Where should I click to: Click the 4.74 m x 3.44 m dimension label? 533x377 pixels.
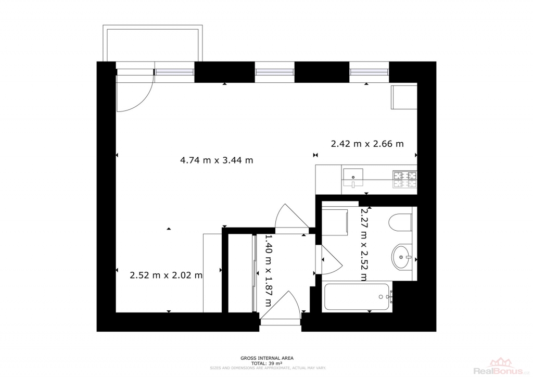pos(217,160)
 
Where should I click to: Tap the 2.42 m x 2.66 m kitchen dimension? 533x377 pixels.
pos(367,144)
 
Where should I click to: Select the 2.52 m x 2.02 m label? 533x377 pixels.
pos(166,275)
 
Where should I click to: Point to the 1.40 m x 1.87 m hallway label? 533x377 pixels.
pos(268,271)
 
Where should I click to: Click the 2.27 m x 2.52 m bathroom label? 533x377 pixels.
pos(363,245)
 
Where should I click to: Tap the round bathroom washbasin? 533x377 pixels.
pos(402,256)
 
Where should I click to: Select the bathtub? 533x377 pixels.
pos(357,297)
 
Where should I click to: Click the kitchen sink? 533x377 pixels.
pos(353,178)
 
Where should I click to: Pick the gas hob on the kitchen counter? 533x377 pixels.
pos(405,180)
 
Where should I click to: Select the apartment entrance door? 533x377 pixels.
pos(281,306)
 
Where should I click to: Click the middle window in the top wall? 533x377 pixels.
pos(275,72)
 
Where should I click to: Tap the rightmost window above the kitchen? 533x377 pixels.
pos(369,72)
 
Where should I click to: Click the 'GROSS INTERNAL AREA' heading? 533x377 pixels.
pos(267,358)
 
